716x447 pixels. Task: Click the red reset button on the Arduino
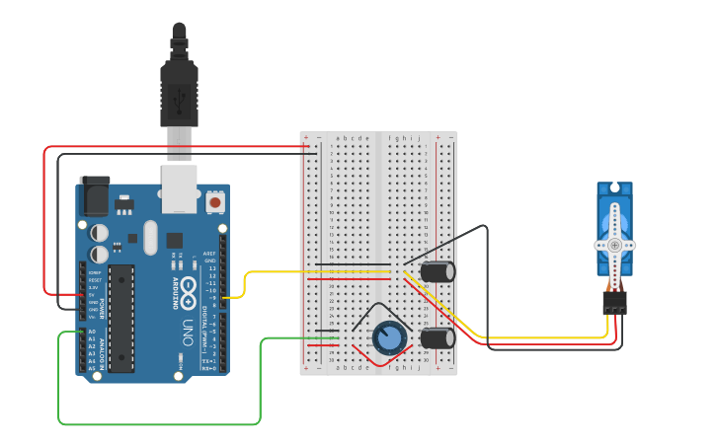215,202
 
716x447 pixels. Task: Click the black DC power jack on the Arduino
95,196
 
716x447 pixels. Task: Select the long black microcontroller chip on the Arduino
120,318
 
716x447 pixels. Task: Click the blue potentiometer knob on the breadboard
389,338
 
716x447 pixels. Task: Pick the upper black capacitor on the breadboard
438,270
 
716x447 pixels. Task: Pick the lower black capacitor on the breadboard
438,338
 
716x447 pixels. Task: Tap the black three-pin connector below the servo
614,302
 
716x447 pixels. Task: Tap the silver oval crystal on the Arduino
150,237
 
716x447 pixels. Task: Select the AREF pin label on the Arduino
209,254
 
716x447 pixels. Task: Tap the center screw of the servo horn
614,244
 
